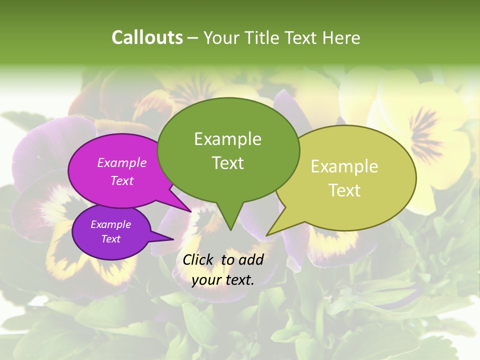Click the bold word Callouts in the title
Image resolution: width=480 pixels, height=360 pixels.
[x=147, y=37]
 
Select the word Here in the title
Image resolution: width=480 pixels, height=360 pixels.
[x=341, y=37]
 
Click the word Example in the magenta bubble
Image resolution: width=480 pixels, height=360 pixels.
[x=121, y=162]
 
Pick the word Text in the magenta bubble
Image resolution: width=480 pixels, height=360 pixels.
[x=121, y=180]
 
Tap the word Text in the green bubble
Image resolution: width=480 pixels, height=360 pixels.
[x=227, y=162]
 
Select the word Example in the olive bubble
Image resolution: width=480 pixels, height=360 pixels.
[x=344, y=166]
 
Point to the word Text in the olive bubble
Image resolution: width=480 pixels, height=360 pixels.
[x=344, y=190]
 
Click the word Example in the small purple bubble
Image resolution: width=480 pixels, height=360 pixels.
[x=110, y=224]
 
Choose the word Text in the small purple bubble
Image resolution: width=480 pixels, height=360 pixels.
[x=110, y=239]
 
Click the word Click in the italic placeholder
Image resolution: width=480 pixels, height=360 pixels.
[x=198, y=259]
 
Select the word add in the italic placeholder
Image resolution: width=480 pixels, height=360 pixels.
[x=251, y=259]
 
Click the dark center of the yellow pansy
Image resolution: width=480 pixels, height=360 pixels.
[x=425, y=130]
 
